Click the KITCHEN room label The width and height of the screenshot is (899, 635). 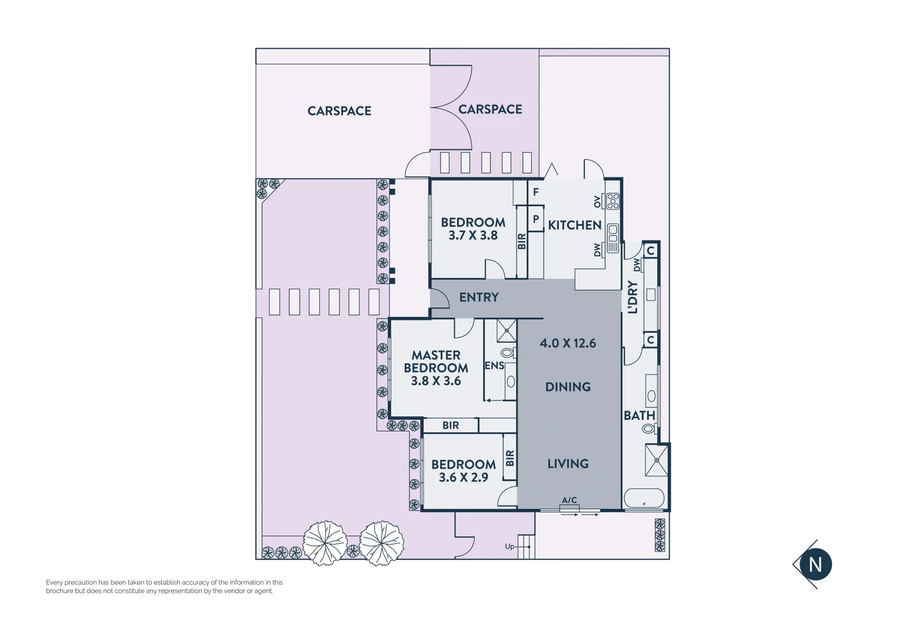point(574,225)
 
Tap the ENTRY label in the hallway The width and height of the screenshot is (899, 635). point(478,298)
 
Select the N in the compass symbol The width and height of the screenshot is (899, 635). point(815,564)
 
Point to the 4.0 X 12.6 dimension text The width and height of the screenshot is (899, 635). point(568,343)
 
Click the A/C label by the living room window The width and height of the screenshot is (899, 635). point(569,500)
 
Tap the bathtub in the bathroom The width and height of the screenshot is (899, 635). point(644,499)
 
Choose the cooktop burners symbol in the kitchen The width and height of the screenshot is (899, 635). point(612,201)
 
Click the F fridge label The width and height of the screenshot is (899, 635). point(535,192)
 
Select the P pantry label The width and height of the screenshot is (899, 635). point(535,219)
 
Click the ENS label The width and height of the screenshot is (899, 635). point(494,366)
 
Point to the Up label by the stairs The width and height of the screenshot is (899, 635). point(510,547)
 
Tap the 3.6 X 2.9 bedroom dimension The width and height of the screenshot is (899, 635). point(463,477)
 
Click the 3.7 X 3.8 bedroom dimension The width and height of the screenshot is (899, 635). point(472,235)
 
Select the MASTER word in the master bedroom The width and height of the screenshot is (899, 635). point(435,355)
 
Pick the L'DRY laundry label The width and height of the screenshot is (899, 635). point(632,297)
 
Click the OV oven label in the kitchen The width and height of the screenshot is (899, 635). point(598,201)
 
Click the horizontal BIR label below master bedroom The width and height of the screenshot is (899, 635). point(451,425)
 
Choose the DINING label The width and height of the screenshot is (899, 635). point(568,387)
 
